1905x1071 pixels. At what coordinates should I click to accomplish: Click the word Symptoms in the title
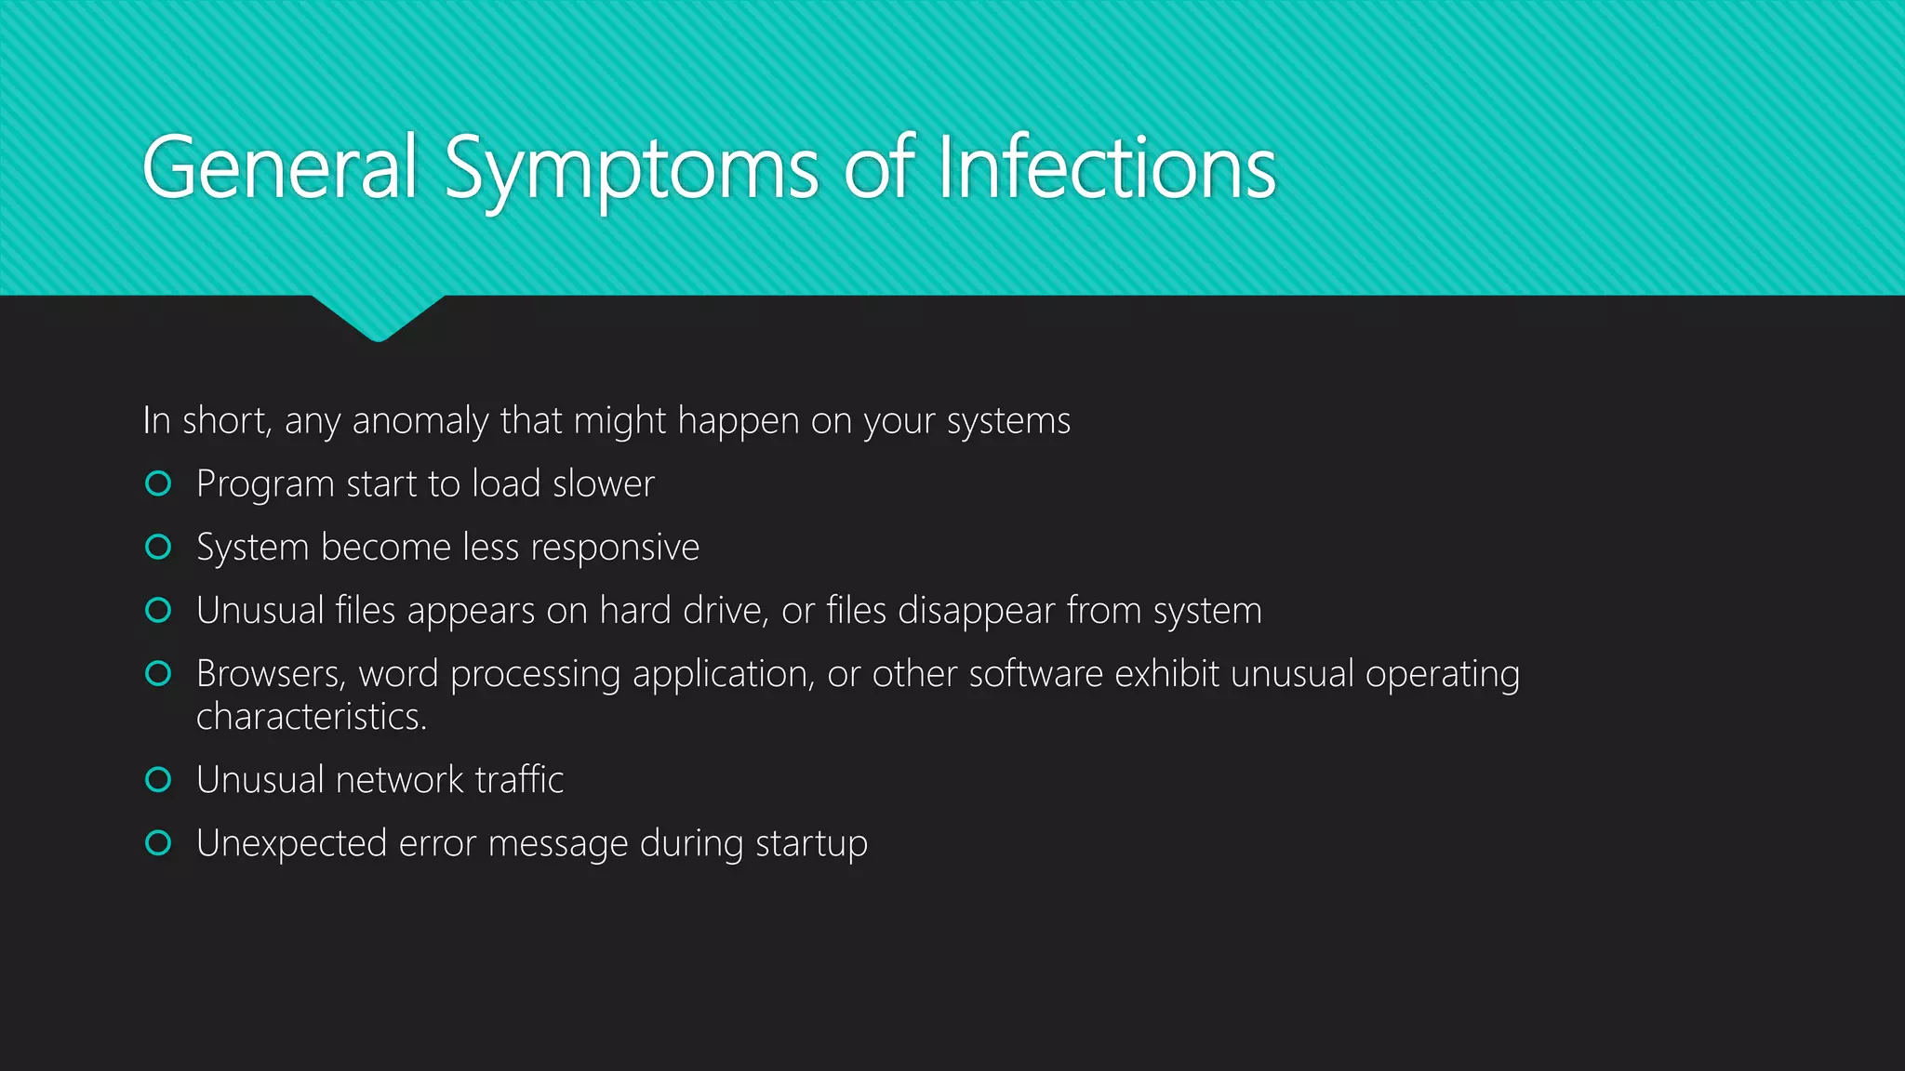tap(632, 169)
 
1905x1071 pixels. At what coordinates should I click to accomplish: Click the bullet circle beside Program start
tap(158, 483)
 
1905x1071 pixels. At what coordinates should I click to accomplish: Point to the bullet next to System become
tap(158, 547)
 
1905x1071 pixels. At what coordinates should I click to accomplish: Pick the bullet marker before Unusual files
tap(158, 610)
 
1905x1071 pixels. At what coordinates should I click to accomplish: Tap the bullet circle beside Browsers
tap(158, 673)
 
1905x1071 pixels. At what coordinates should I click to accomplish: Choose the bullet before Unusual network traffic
tap(158, 779)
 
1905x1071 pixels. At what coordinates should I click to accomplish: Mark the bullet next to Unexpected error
tap(158, 842)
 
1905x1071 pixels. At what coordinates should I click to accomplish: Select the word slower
tap(604, 484)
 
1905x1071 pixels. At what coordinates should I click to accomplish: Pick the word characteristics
tap(311, 717)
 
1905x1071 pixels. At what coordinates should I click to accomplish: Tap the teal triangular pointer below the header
tap(378, 316)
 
